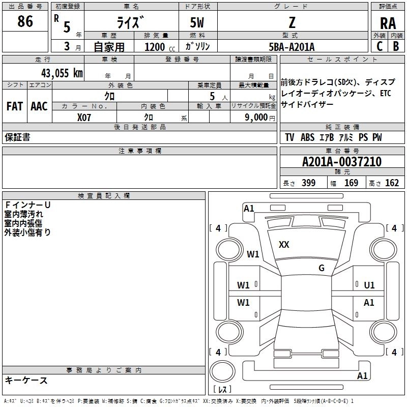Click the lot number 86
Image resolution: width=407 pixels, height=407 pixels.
coord(25,22)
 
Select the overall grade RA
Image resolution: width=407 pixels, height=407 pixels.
coord(388,23)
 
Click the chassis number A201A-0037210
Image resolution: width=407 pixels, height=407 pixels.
coord(342,162)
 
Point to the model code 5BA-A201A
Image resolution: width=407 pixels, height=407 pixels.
coord(292,47)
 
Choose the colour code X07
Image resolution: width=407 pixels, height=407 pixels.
coord(84,117)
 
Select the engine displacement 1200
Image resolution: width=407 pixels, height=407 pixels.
coord(154,47)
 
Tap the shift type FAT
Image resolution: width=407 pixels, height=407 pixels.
coord(14,106)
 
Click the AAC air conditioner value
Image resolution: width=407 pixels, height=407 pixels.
coord(39,106)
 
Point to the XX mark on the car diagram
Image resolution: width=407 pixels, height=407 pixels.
coord(284,245)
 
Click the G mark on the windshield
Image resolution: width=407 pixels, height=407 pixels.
coord(322,268)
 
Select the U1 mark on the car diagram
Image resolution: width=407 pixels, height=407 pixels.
coord(369,285)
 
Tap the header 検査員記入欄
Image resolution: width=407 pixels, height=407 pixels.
coord(104,196)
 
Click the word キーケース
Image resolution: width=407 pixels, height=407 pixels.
coord(26,380)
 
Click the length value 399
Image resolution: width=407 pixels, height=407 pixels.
coord(309,183)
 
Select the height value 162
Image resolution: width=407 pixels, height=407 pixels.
coord(392,183)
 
